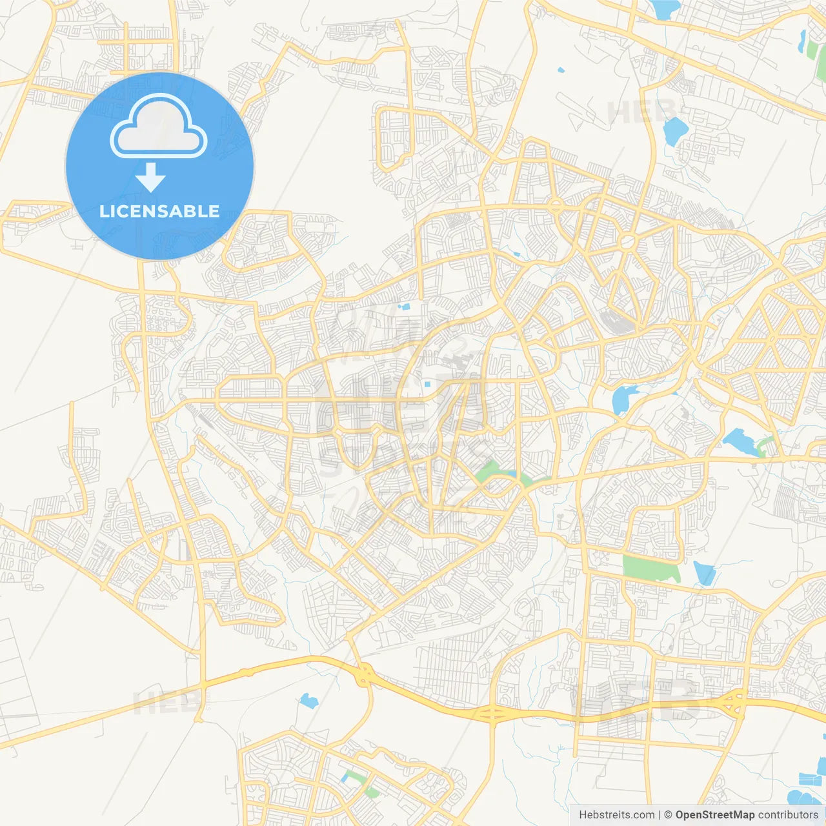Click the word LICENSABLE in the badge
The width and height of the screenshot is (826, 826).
159,211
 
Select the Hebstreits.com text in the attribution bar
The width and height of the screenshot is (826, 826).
617,815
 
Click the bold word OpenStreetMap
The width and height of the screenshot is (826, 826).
714,815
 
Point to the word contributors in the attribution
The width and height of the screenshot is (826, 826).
787,815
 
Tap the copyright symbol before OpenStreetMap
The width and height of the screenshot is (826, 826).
668,815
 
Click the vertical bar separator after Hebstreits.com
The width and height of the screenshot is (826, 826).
660,815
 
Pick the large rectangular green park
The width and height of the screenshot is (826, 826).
650,569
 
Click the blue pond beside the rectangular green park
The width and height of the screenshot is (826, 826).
704,572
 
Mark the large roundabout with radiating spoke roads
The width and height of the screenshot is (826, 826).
627,243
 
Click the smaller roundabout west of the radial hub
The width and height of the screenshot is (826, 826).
556,206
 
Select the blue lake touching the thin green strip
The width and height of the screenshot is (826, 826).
741,443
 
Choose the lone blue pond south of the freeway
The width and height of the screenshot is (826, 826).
308,700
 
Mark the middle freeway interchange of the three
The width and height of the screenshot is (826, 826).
492,714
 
